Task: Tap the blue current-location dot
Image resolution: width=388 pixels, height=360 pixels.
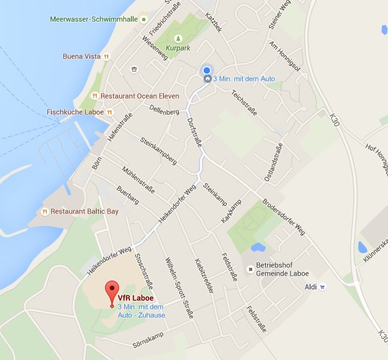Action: pos(206,70)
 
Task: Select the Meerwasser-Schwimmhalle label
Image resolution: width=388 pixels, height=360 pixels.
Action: pos(93,19)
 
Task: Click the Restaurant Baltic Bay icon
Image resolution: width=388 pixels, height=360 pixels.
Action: pos(45,211)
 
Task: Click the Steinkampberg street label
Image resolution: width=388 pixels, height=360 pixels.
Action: pos(158,152)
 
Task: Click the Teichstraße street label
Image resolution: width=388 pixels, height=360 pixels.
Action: pos(245,102)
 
